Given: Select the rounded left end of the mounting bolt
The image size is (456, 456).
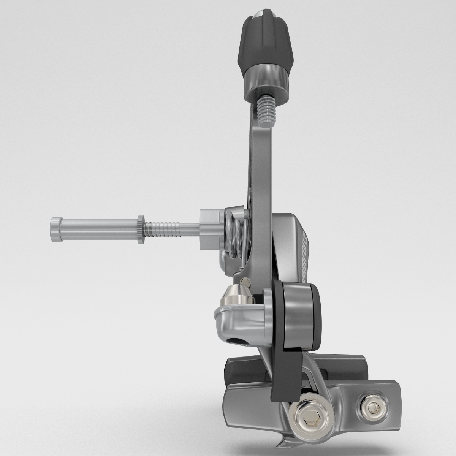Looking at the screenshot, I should pyautogui.click(x=55, y=229).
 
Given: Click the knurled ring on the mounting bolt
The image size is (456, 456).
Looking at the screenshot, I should pyautogui.click(x=141, y=229).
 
